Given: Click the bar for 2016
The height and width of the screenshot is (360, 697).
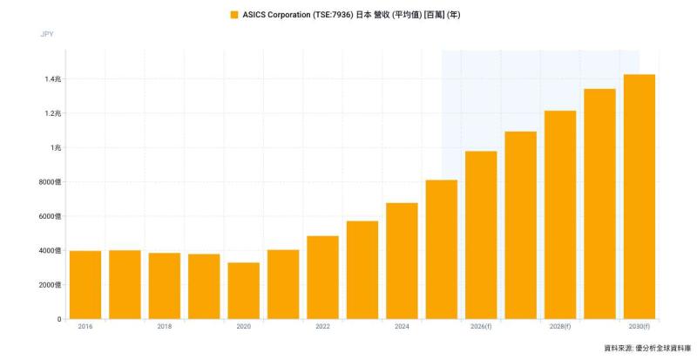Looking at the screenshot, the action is (85, 285).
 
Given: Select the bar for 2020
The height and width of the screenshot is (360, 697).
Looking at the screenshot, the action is (244, 290).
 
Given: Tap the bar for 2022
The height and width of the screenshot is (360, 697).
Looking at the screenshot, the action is (322, 277).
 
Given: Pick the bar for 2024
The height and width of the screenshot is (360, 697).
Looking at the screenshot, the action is (402, 261).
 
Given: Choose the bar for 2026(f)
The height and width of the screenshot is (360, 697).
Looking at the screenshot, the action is (481, 235).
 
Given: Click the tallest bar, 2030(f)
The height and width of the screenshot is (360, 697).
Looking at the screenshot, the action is (639, 197).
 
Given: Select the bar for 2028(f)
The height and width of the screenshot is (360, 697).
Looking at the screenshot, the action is (560, 215).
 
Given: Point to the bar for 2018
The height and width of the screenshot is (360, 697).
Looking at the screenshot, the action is (165, 286).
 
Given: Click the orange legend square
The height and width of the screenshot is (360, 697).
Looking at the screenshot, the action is (234, 15).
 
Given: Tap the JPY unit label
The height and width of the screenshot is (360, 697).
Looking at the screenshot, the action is (47, 34).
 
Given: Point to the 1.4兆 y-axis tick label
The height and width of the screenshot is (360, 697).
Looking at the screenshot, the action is (53, 79).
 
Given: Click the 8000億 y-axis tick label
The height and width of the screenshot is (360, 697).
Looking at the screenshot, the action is (50, 182).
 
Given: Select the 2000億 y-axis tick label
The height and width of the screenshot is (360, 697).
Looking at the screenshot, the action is (50, 285).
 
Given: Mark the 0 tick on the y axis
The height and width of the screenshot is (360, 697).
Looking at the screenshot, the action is (59, 319).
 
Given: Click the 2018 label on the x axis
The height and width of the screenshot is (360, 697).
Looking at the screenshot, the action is (165, 327).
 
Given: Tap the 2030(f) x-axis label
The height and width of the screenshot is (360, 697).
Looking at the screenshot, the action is (639, 327).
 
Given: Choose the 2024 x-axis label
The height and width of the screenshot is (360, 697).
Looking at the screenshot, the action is (402, 327).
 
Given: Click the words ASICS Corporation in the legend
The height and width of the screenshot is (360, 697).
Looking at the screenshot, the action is (276, 15).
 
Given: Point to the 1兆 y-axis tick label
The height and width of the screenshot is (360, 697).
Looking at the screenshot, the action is (56, 147).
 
